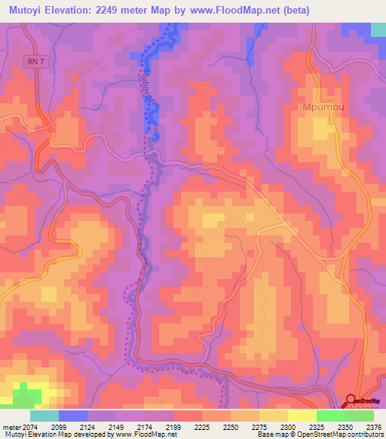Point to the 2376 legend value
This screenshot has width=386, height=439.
click(374, 427)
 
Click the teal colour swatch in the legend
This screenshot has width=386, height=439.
click(44, 416)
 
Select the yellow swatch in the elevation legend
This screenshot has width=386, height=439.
click(302, 416)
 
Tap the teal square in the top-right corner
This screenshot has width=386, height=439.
click(378, 29)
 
